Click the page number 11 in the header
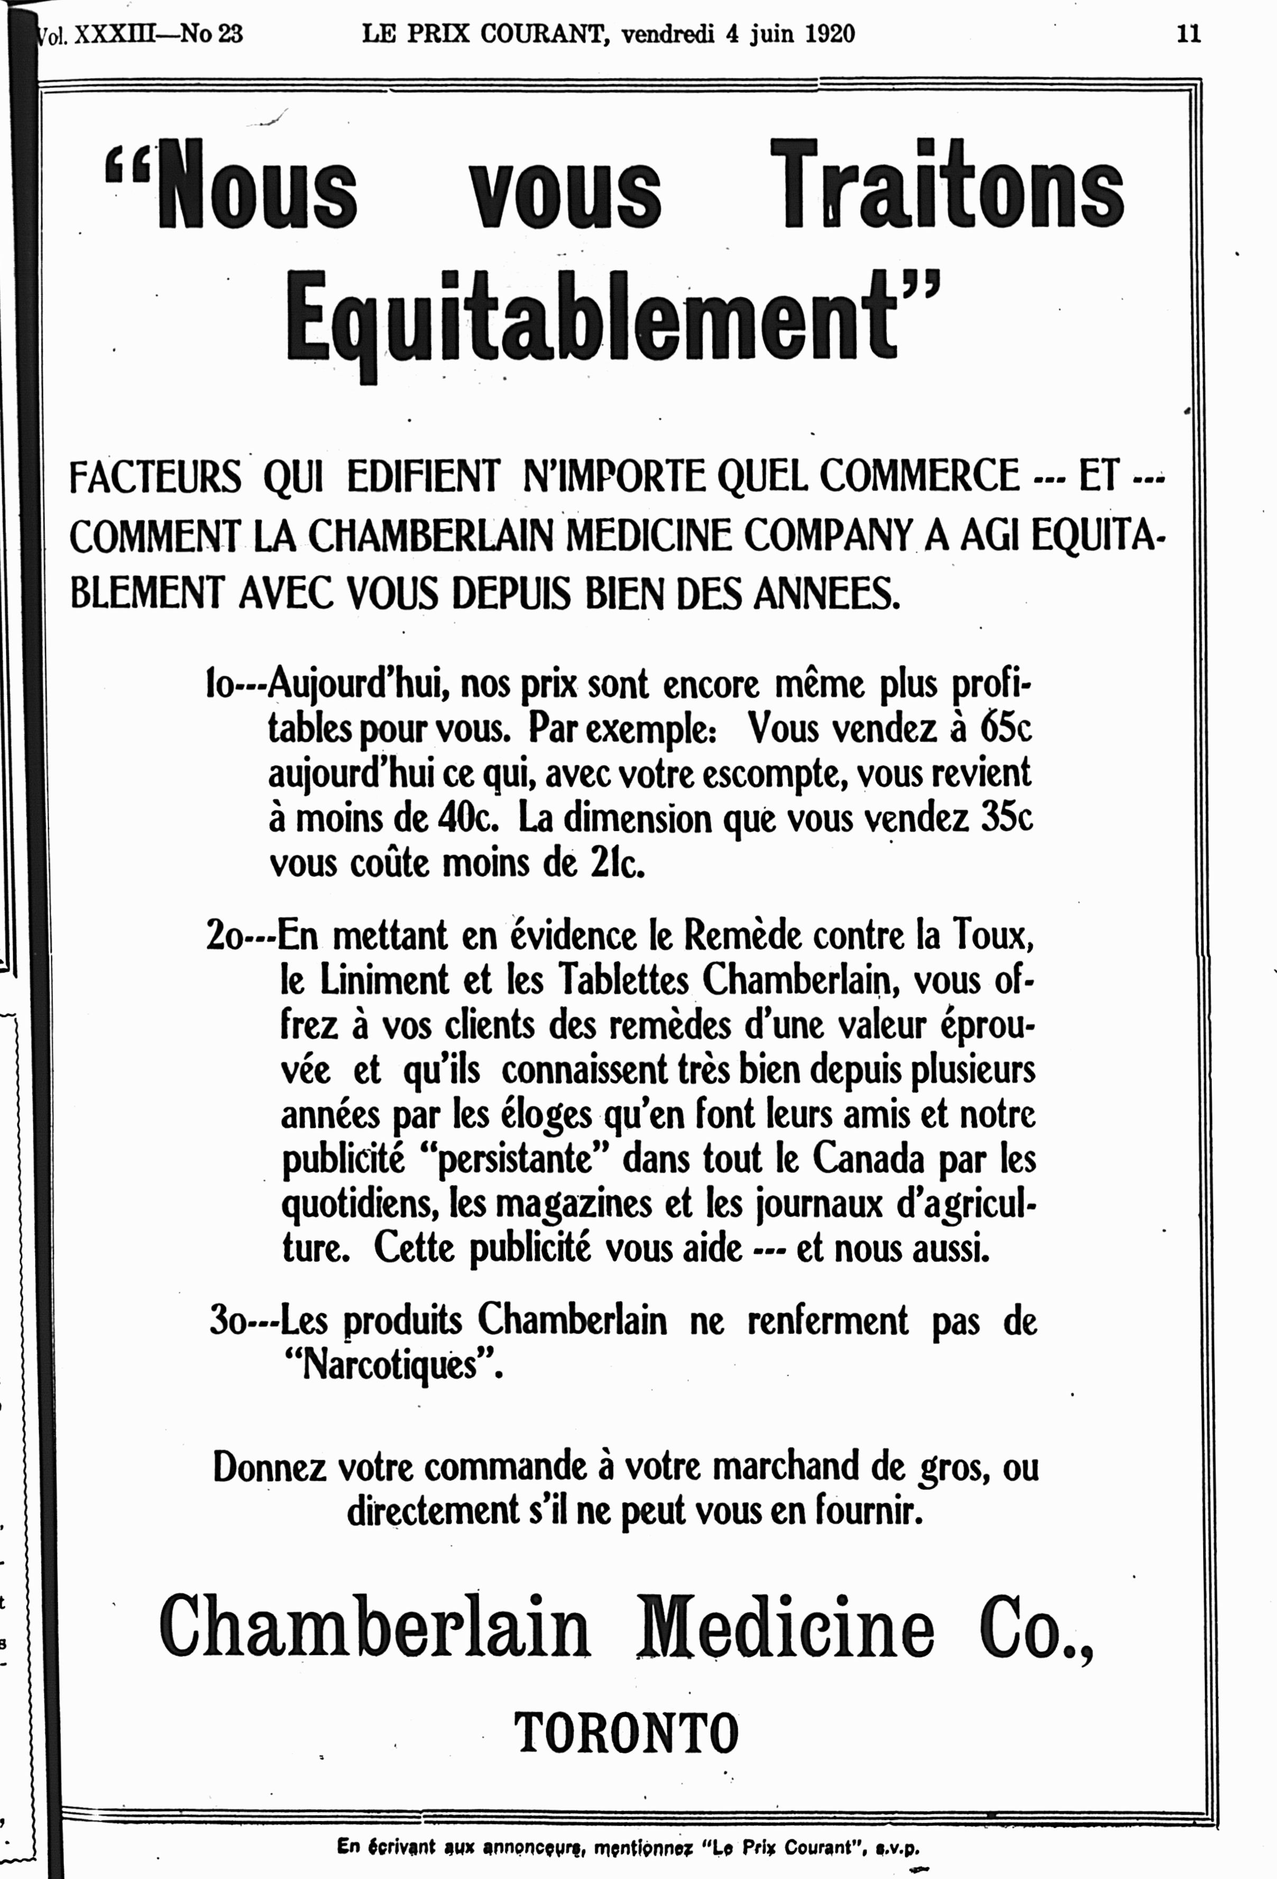(1188, 34)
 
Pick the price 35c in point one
(1006, 819)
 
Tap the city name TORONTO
(627, 1733)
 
